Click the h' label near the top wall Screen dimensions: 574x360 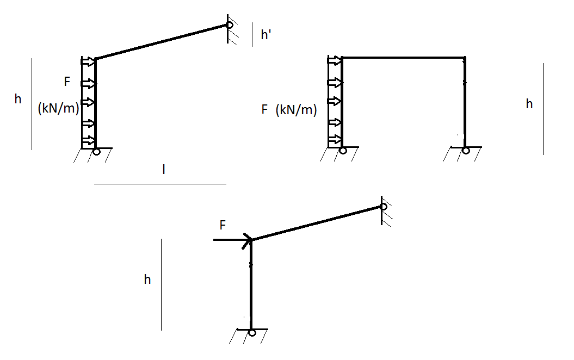(x=266, y=35)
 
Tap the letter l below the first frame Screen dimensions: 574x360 (x=164, y=170)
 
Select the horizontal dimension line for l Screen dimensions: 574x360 (x=160, y=184)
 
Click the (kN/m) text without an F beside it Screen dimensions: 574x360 (x=59, y=108)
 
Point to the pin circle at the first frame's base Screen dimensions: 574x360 (x=96, y=151)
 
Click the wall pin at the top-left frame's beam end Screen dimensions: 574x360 (x=230, y=24)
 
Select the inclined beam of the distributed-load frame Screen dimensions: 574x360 (x=161, y=41)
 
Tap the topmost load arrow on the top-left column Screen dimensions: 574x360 (x=88, y=61)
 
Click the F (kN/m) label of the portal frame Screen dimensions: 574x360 (x=288, y=110)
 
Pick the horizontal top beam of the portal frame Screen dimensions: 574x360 (x=403, y=57)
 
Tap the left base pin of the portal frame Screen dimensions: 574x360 (x=343, y=151)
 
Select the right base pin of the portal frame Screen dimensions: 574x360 (x=466, y=151)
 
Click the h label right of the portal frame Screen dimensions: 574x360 (x=529, y=104)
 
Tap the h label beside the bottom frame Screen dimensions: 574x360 (x=147, y=280)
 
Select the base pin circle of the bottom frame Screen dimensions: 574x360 (x=251, y=332)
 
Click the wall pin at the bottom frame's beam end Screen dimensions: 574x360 (x=384, y=207)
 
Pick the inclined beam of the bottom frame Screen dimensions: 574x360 (x=316, y=224)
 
